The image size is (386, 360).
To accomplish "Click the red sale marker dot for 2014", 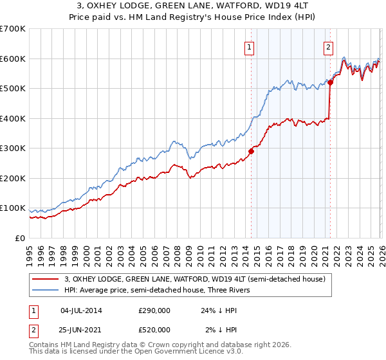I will pos(251,152).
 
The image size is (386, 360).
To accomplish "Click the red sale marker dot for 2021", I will pos(330,82).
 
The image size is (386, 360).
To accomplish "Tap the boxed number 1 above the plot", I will pos(249,46).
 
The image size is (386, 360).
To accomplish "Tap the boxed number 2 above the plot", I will pos(328,46).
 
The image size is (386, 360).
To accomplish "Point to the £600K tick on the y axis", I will pos(13,59).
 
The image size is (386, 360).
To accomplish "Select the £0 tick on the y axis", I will pos(21,238).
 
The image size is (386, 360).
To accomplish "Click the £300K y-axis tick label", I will pos(13,148).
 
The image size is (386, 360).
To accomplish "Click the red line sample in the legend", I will pos(46,279).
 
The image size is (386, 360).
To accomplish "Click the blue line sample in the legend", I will pos(46,290).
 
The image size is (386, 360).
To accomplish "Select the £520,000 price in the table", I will pos(154,330).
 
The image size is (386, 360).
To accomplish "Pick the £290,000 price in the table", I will pos(154,310).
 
